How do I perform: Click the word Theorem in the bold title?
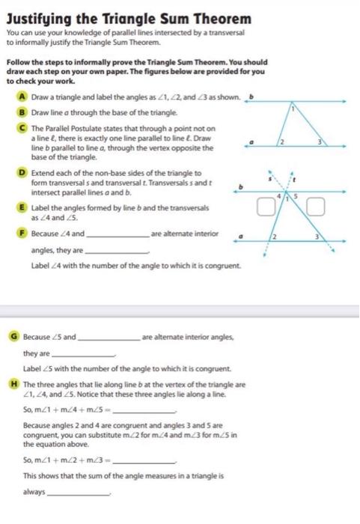coord(218,17)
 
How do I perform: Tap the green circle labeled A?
coord(24,97)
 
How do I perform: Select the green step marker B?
coord(24,112)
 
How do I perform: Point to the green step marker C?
coord(24,128)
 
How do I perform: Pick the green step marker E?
coord(24,207)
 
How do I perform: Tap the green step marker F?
coord(24,234)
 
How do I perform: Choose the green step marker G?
coord(15,337)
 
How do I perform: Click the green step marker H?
coord(15,384)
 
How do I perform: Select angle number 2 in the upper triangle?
coord(282,141)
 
